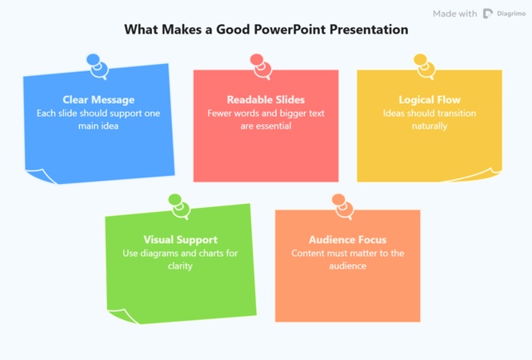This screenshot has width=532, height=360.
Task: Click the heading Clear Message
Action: click(x=98, y=100)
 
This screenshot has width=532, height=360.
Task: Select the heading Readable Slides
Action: click(x=266, y=100)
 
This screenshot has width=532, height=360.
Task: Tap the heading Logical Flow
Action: click(x=429, y=100)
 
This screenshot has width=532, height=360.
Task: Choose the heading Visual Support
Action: click(x=180, y=239)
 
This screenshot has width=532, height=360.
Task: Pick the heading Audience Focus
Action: click(x=347, y=239)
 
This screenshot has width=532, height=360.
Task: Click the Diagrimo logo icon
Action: click(x=488, y=14)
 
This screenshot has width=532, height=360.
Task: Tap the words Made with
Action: click(x=454, y=14)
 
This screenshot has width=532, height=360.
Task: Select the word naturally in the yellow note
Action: click(x=429, y=126)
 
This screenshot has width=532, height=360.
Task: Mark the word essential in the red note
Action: click(x=273, y=126)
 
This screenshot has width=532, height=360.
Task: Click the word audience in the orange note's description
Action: click(x=347, y=266)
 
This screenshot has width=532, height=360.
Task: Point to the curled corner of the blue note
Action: click(x=38, y=174)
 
